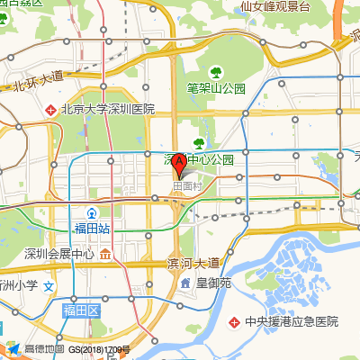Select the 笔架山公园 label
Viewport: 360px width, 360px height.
216,88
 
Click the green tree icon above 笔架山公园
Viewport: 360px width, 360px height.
216,72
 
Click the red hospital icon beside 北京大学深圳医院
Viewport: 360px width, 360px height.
51,110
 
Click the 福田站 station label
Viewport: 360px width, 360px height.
92,229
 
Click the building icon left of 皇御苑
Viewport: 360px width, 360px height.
185,283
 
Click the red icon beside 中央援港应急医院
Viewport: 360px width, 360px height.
235,320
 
